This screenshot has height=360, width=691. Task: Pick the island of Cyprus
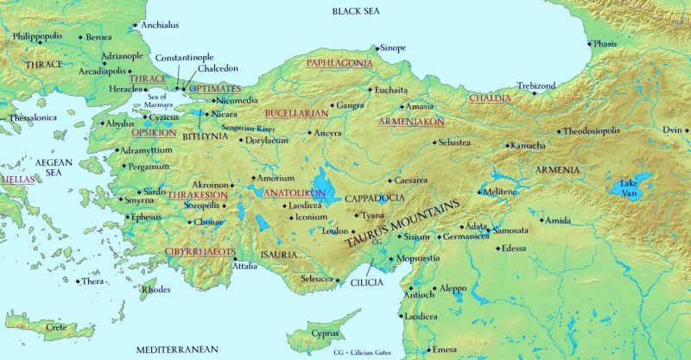pyautogui.click(x=313, y=334)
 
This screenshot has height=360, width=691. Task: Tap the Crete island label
pyautogui.click(x=56, y=327)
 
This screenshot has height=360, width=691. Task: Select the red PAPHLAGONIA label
pyautogui.click(x=340, y=63)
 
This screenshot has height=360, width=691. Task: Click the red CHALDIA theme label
pyautogui.click(x=490, y=98)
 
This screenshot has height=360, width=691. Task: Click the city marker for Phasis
pyautogui.click(x=590, y=44)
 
